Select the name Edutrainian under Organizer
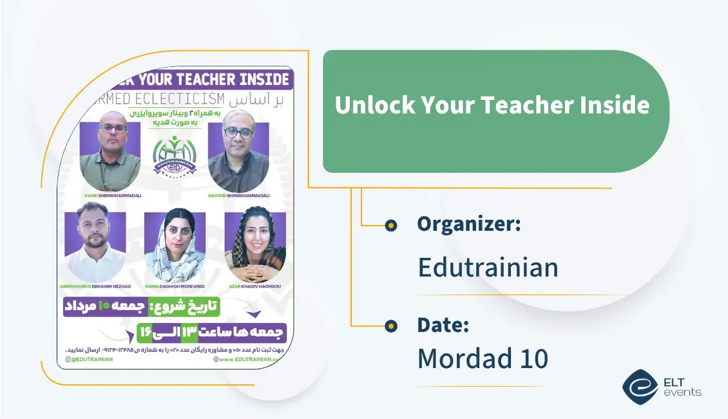point(488,267)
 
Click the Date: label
point(443,325)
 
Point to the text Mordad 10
point(483,359)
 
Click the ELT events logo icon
point(640,386)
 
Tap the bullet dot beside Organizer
point(390,225)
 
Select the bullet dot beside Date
point(390,326)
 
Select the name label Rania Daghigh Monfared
point(175,286)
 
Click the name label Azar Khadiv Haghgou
point(255,286)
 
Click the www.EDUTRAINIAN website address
point(249,359)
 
